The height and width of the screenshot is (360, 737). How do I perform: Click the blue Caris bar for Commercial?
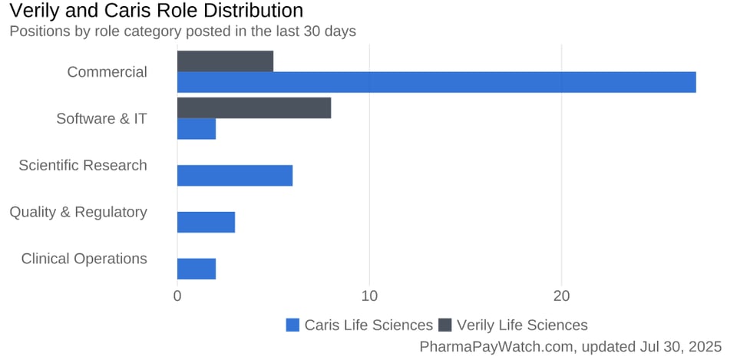(x=436, y=82)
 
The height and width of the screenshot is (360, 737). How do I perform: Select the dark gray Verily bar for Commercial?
(x=225, y=61)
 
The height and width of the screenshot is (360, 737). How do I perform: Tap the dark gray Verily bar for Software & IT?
(x=254, y=108)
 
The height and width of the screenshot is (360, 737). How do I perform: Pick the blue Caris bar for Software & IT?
(x=197, y=129)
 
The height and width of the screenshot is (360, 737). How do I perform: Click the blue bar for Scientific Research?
(x=235, y=176)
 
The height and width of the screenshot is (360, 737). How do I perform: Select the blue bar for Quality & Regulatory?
(x=206, y=223)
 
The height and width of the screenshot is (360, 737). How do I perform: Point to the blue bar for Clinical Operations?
(x=197, y=269)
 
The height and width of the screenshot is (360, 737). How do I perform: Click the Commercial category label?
(x=107, y=72)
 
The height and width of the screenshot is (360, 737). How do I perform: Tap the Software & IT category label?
(x=101, y=119)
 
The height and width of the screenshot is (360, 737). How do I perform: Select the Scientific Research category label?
(x=83, y=165)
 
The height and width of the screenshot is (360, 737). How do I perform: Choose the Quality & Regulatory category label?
(x=78, y=212)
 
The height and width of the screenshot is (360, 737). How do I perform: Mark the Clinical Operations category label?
(x=84, y=259)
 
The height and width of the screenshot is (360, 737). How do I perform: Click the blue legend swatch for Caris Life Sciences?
(x=292, y=325)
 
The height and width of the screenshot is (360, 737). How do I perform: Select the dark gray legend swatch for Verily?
(x=445, y=325)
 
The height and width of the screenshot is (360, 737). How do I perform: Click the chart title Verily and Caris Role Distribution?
(x=156, y=11)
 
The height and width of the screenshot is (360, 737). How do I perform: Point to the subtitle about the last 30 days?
(x=182, y=31)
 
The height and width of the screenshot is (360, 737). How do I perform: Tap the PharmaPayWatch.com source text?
(x=570, y=347)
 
